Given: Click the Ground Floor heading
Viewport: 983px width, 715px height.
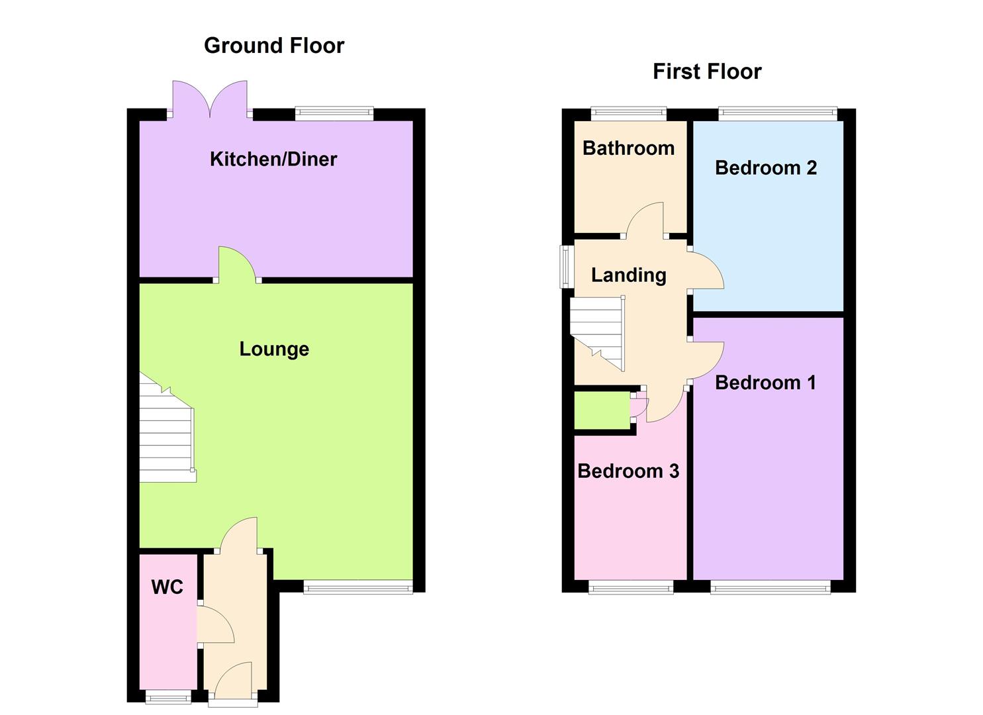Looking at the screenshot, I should tap(274, 46).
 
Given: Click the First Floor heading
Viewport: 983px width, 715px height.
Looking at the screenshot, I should tap(707, 71).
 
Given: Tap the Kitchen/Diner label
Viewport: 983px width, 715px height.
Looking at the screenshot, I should tap(273, 159).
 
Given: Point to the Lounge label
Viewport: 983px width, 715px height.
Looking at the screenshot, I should tap(274, 349).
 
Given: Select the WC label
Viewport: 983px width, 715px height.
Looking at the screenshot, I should tap(167, 587).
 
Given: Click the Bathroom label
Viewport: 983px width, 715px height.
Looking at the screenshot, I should tap(628, 148).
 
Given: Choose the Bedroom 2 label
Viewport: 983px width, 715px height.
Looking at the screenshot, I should tap(766, 167).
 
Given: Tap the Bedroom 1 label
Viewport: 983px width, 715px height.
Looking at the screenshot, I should tap(765, 382).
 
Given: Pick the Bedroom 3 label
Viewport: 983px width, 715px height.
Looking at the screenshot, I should tap(628, 471).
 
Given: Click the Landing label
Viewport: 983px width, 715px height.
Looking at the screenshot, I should tap(628, 275).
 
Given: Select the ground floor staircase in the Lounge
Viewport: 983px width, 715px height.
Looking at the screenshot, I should tap(165, 430).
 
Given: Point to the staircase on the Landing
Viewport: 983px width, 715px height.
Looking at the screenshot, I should tap(597, 331).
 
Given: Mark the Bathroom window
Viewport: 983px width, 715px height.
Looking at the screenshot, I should tap(628, 114).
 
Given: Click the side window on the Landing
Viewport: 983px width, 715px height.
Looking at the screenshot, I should tap(567, 267).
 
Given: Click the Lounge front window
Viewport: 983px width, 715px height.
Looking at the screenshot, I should tap(358, 587).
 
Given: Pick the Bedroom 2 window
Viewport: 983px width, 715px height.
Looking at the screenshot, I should tap(778, 114).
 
